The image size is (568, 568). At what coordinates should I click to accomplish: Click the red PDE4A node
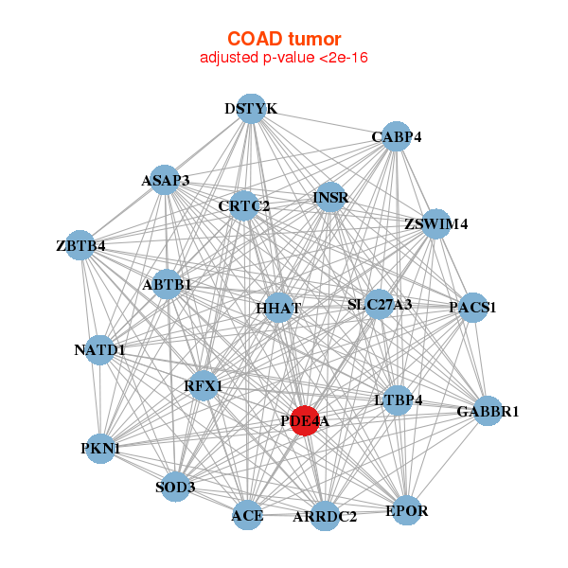(305, 420)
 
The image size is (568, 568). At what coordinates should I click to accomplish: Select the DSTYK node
(252, 108)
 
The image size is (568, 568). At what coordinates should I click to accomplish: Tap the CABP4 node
(397, 136)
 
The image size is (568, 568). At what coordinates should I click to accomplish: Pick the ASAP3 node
(165, 180)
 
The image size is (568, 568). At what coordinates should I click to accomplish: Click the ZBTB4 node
(80, 245)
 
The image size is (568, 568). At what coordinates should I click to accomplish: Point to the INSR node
(330, 198)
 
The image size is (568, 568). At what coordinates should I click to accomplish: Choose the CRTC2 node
(244, 205)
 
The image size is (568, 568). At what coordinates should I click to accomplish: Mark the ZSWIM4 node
(435, 223)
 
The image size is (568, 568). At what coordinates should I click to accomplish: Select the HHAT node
(278, 308)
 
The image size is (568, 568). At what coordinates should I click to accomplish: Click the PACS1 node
(472, 308)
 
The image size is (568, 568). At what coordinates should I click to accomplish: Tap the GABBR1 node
(488, 411)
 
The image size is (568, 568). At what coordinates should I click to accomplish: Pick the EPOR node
(407, 510)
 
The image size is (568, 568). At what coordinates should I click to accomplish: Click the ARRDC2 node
(325, 516)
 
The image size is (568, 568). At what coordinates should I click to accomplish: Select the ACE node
(247, 515)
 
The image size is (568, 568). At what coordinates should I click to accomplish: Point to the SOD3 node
(175, 487)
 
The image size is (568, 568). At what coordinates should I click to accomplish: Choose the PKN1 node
(100, 449)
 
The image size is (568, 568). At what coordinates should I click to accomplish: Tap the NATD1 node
(99, 350)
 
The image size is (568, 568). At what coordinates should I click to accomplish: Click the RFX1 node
(204, 385)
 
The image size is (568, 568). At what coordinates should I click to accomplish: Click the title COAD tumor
(284, 39)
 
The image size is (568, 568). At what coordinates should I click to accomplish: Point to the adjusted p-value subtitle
(284, 58)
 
